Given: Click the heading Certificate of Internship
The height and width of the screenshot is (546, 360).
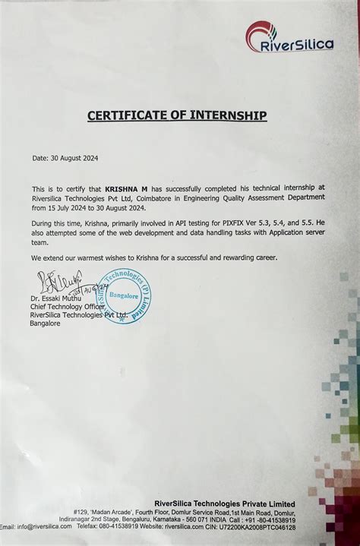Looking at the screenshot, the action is coord(177,115).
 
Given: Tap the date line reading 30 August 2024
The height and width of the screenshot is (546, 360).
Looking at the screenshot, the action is coord(65,158).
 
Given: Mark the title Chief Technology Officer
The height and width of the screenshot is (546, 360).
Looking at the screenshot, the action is coord(67,308).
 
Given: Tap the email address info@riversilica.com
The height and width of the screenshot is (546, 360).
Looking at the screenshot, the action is coord(44,526).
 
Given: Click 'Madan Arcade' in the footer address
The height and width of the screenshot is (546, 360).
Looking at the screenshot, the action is coord(106,513).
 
